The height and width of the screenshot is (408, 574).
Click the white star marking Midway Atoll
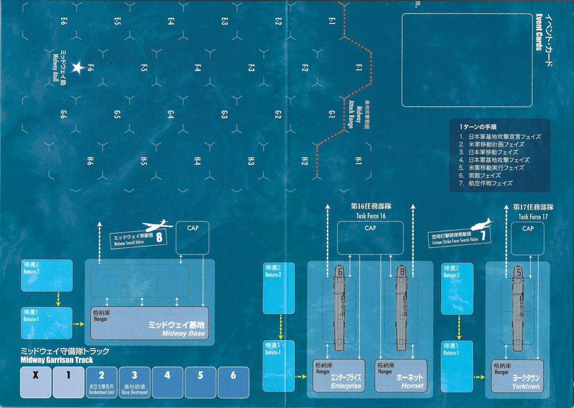(78, 68)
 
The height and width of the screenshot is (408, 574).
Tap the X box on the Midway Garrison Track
(35, 382)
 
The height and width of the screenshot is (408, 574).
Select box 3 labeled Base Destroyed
(135, 382)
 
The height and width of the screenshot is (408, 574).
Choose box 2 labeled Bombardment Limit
(101, 382)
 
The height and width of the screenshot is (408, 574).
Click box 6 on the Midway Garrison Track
(233, 382)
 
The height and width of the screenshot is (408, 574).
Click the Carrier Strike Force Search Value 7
(483, 236)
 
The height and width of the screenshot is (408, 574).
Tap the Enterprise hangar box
(339, 375)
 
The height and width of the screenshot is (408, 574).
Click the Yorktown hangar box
(517, 375)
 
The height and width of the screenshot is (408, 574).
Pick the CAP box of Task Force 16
(370, 237)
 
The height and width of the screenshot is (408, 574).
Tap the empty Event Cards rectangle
(466, 60)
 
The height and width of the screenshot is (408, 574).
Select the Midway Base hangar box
(149, 323)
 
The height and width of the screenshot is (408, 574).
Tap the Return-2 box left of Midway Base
(47, 275)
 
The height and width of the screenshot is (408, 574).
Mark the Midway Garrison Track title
(65, 356)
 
